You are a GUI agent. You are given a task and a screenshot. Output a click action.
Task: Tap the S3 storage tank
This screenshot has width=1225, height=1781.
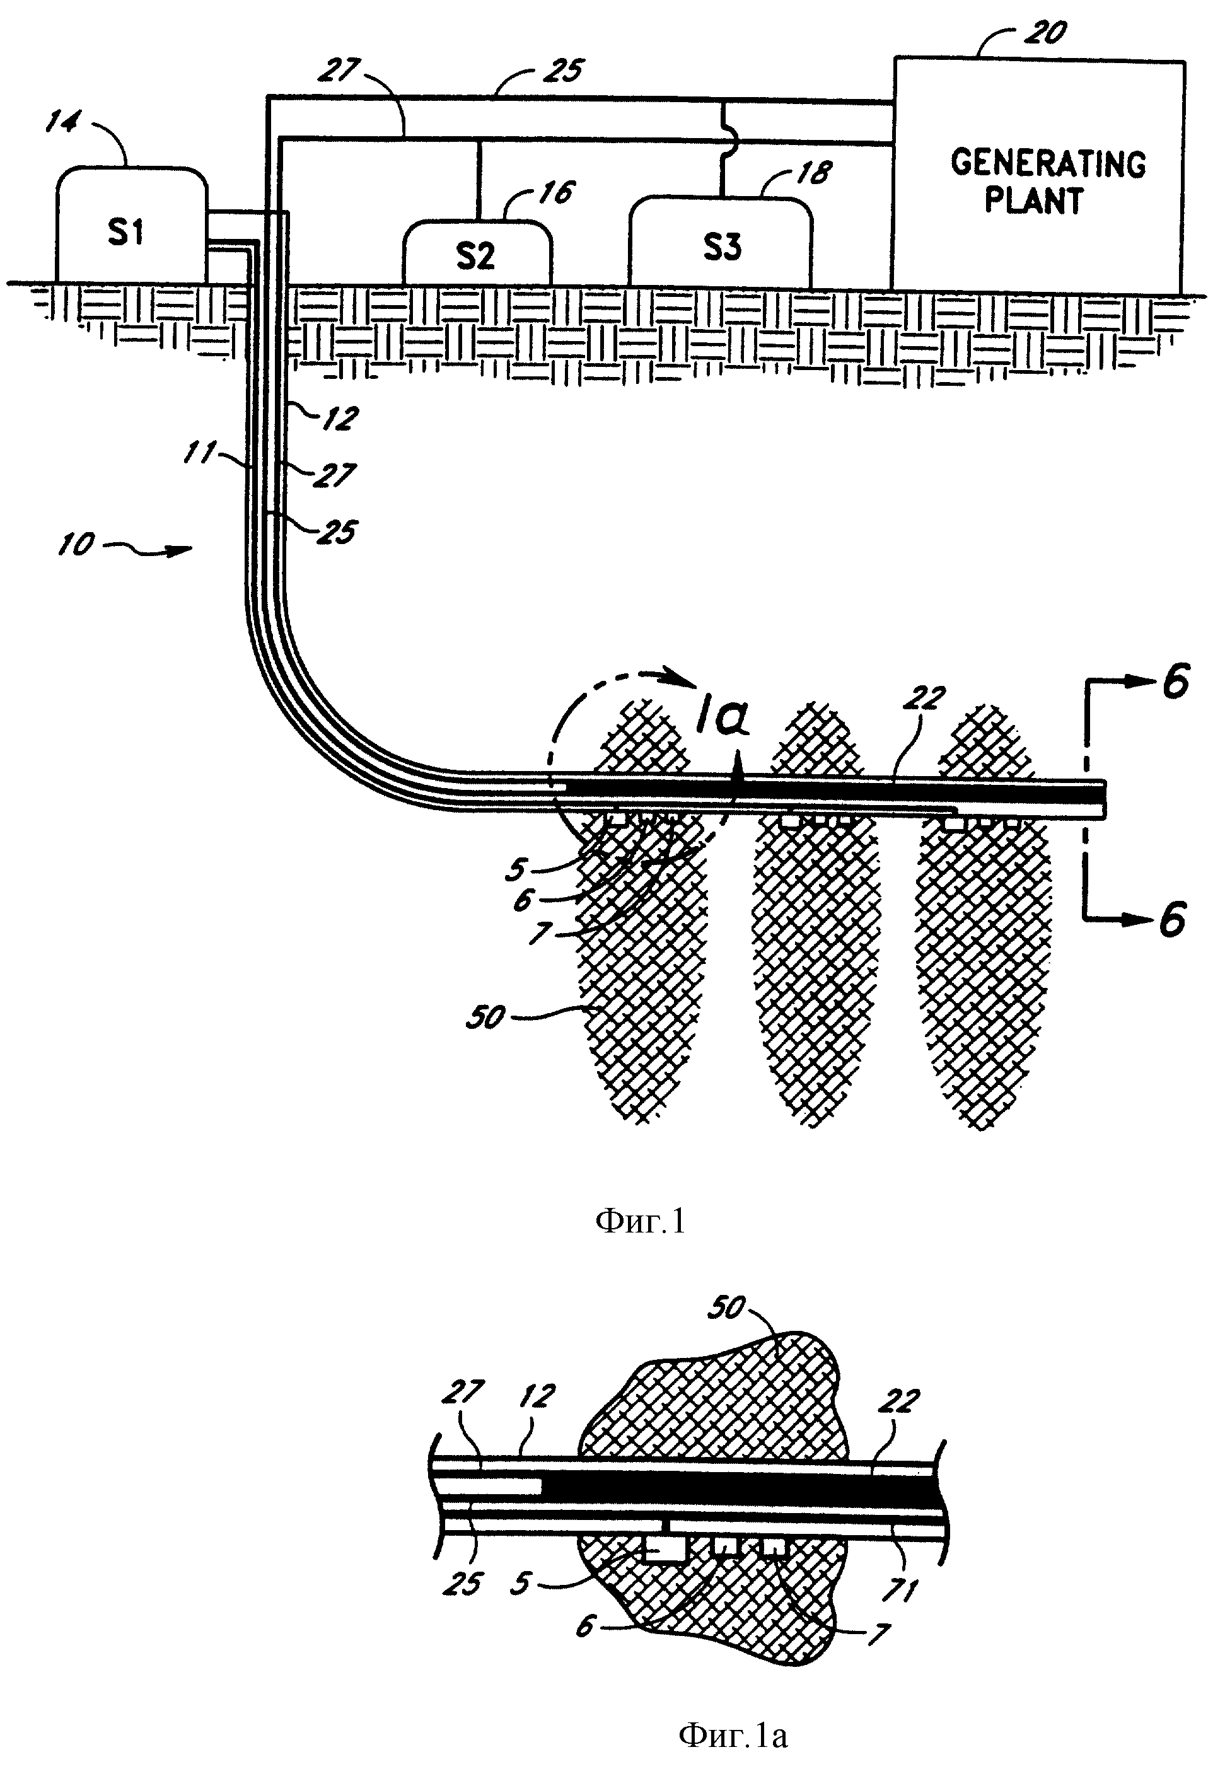pos(721,241)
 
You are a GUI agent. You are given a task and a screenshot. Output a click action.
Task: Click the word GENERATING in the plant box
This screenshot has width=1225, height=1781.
pos(1048,163)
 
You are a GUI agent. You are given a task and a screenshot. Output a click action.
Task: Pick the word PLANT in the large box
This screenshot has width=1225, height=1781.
pos(1033,201)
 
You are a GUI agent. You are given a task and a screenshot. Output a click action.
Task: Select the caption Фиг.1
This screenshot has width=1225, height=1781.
pos(639,1220)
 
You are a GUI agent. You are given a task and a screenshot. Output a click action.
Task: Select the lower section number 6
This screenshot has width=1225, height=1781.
pos(1173,919)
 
